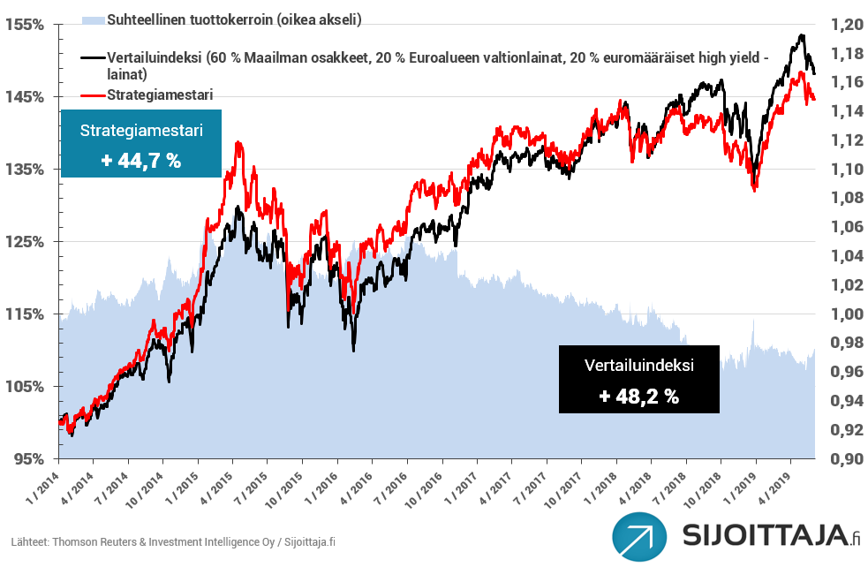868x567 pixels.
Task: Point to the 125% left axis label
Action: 27,241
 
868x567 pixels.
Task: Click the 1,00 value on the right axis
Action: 843,314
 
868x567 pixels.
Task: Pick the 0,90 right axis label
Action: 843,458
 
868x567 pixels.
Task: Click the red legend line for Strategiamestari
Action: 92,94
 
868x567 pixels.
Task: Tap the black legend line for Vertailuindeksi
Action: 92,57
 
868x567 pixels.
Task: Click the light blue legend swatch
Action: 92,19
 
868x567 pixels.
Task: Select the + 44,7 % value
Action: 140,161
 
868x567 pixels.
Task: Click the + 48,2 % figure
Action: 638,397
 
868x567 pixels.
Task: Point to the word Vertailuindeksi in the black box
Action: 638,365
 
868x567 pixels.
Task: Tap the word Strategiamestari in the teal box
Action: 141,130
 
